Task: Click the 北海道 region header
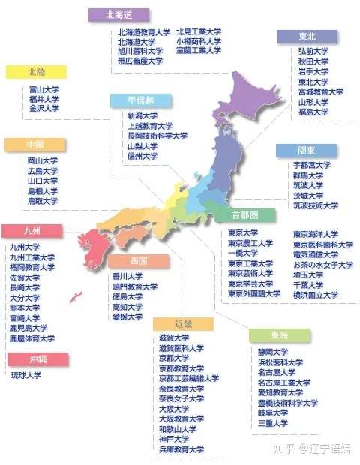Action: [x=118, y=14]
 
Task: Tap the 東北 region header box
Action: [x=307, y=37]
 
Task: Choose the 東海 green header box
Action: [x=278, y=334]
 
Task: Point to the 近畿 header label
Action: [x=183, y=323]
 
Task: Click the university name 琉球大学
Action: [x=26, y=375]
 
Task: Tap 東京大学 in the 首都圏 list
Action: [x=244, y=233]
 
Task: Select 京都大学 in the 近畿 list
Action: [x=173, y=358]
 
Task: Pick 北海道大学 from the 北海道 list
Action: [x=135, y=42]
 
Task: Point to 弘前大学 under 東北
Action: [x=313, y=52]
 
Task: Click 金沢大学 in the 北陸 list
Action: [x=43, y=109]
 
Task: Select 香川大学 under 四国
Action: [x=127, y=277]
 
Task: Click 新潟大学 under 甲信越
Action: [x=142, y=116]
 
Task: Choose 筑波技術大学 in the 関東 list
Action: [x=316, y=205]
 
